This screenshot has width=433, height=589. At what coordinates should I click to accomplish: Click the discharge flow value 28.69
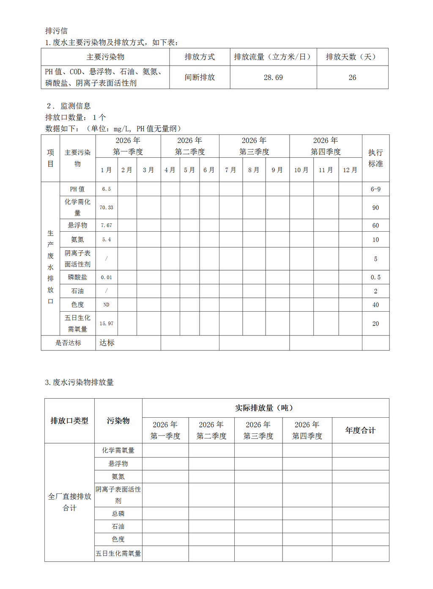[273, 77]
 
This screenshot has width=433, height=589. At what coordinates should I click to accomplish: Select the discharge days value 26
[352, 77]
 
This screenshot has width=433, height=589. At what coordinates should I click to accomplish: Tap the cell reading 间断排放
[200, 77]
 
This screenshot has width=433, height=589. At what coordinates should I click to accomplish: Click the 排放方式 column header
[200, 57]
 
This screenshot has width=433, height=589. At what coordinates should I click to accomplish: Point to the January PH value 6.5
[107, 189]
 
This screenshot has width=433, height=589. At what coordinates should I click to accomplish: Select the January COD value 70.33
[107, 208]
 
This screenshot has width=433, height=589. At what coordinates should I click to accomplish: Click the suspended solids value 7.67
[107, 225]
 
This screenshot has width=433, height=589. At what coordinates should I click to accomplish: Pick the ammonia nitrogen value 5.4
[107, 239]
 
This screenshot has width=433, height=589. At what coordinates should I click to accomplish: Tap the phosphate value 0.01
[107, 277]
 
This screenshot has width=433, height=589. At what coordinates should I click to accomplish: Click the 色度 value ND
[107, 304]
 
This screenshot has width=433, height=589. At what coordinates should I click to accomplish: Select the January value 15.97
[107, 323]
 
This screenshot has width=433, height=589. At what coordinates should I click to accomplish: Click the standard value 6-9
[375, 189]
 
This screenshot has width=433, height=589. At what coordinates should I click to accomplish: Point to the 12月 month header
[350, 170]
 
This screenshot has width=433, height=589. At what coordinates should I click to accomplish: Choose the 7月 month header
[230, 170]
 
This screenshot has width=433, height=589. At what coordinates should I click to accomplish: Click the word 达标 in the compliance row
[107, 343]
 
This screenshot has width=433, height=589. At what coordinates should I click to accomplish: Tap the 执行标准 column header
[375, 158]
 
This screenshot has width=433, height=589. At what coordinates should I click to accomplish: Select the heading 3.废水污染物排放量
[79, 382]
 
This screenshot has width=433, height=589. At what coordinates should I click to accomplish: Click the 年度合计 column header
[360, 430]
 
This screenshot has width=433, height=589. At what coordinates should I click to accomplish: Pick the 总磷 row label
[118, 514]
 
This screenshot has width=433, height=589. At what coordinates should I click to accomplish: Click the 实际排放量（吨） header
[265, 408]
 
